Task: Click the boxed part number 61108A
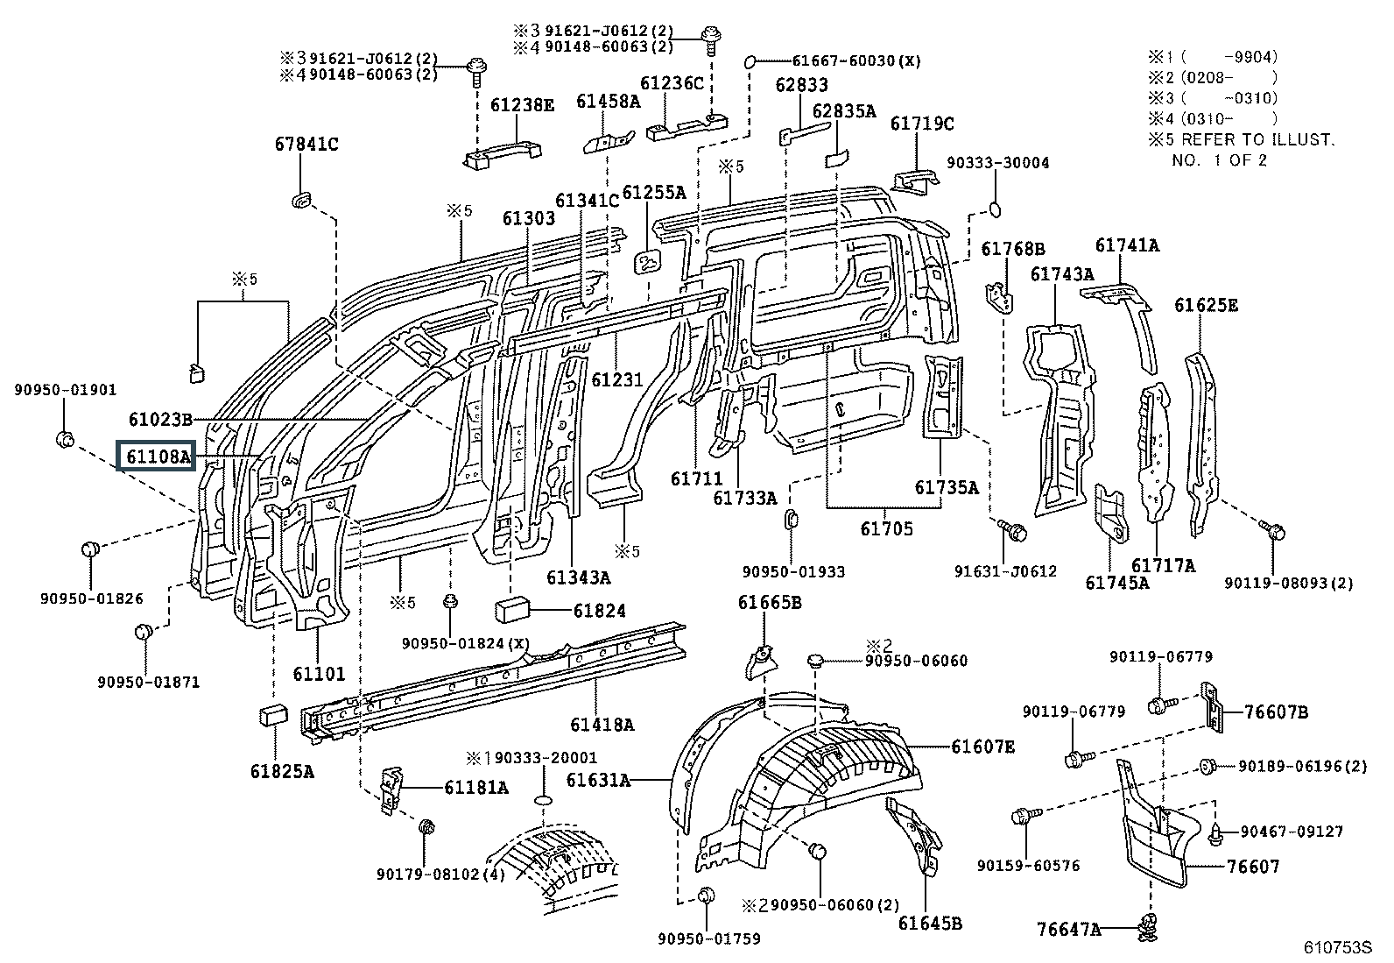157,457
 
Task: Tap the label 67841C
306,145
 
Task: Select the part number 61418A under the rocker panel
602,725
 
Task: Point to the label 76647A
1068,930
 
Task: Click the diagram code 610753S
1338,947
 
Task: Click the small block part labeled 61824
512,611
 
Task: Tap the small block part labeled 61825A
273,715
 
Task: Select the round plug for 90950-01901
65,439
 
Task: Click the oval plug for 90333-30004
995,209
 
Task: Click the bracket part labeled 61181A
391,790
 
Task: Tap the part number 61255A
653,193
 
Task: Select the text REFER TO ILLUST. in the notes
1257,139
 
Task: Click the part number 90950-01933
793,572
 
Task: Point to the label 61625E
1206,305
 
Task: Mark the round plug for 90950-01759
707,897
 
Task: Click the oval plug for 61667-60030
750,61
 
